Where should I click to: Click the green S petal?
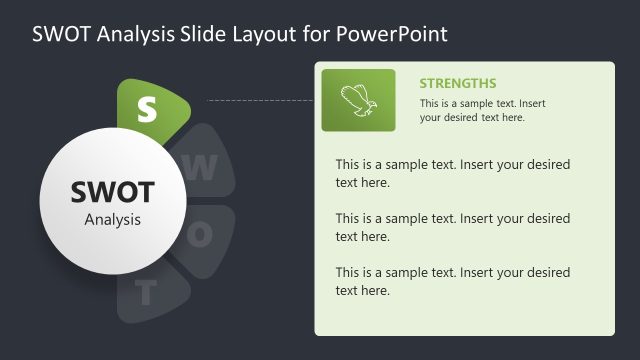click(150, 108)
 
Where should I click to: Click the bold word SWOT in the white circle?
click(112, 192)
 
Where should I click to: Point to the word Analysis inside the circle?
click(112, 219)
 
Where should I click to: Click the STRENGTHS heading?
click(458, 83)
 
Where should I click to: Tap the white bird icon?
click(358, 100)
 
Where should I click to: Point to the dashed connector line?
click(260, 100)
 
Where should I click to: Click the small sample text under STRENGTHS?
click(483, 110)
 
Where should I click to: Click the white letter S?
click(147, 109)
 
